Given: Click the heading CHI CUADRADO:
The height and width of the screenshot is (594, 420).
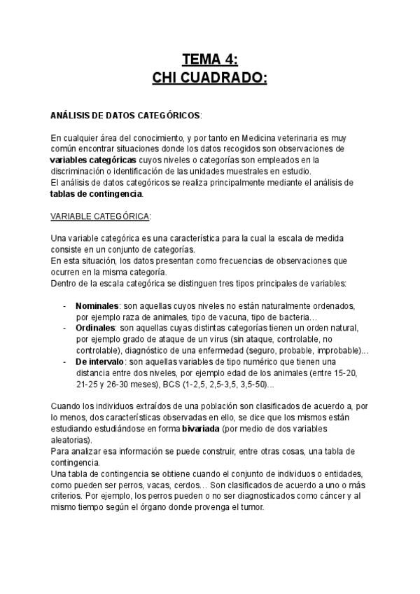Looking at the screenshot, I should point(210,76).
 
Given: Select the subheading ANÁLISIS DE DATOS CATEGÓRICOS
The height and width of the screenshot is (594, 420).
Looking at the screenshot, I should point(125,113).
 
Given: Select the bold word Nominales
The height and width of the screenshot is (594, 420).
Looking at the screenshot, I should point(97,306).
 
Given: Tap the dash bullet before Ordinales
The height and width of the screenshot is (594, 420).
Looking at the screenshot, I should point(65,328).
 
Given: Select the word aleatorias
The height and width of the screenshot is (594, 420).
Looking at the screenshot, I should point(71,440).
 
